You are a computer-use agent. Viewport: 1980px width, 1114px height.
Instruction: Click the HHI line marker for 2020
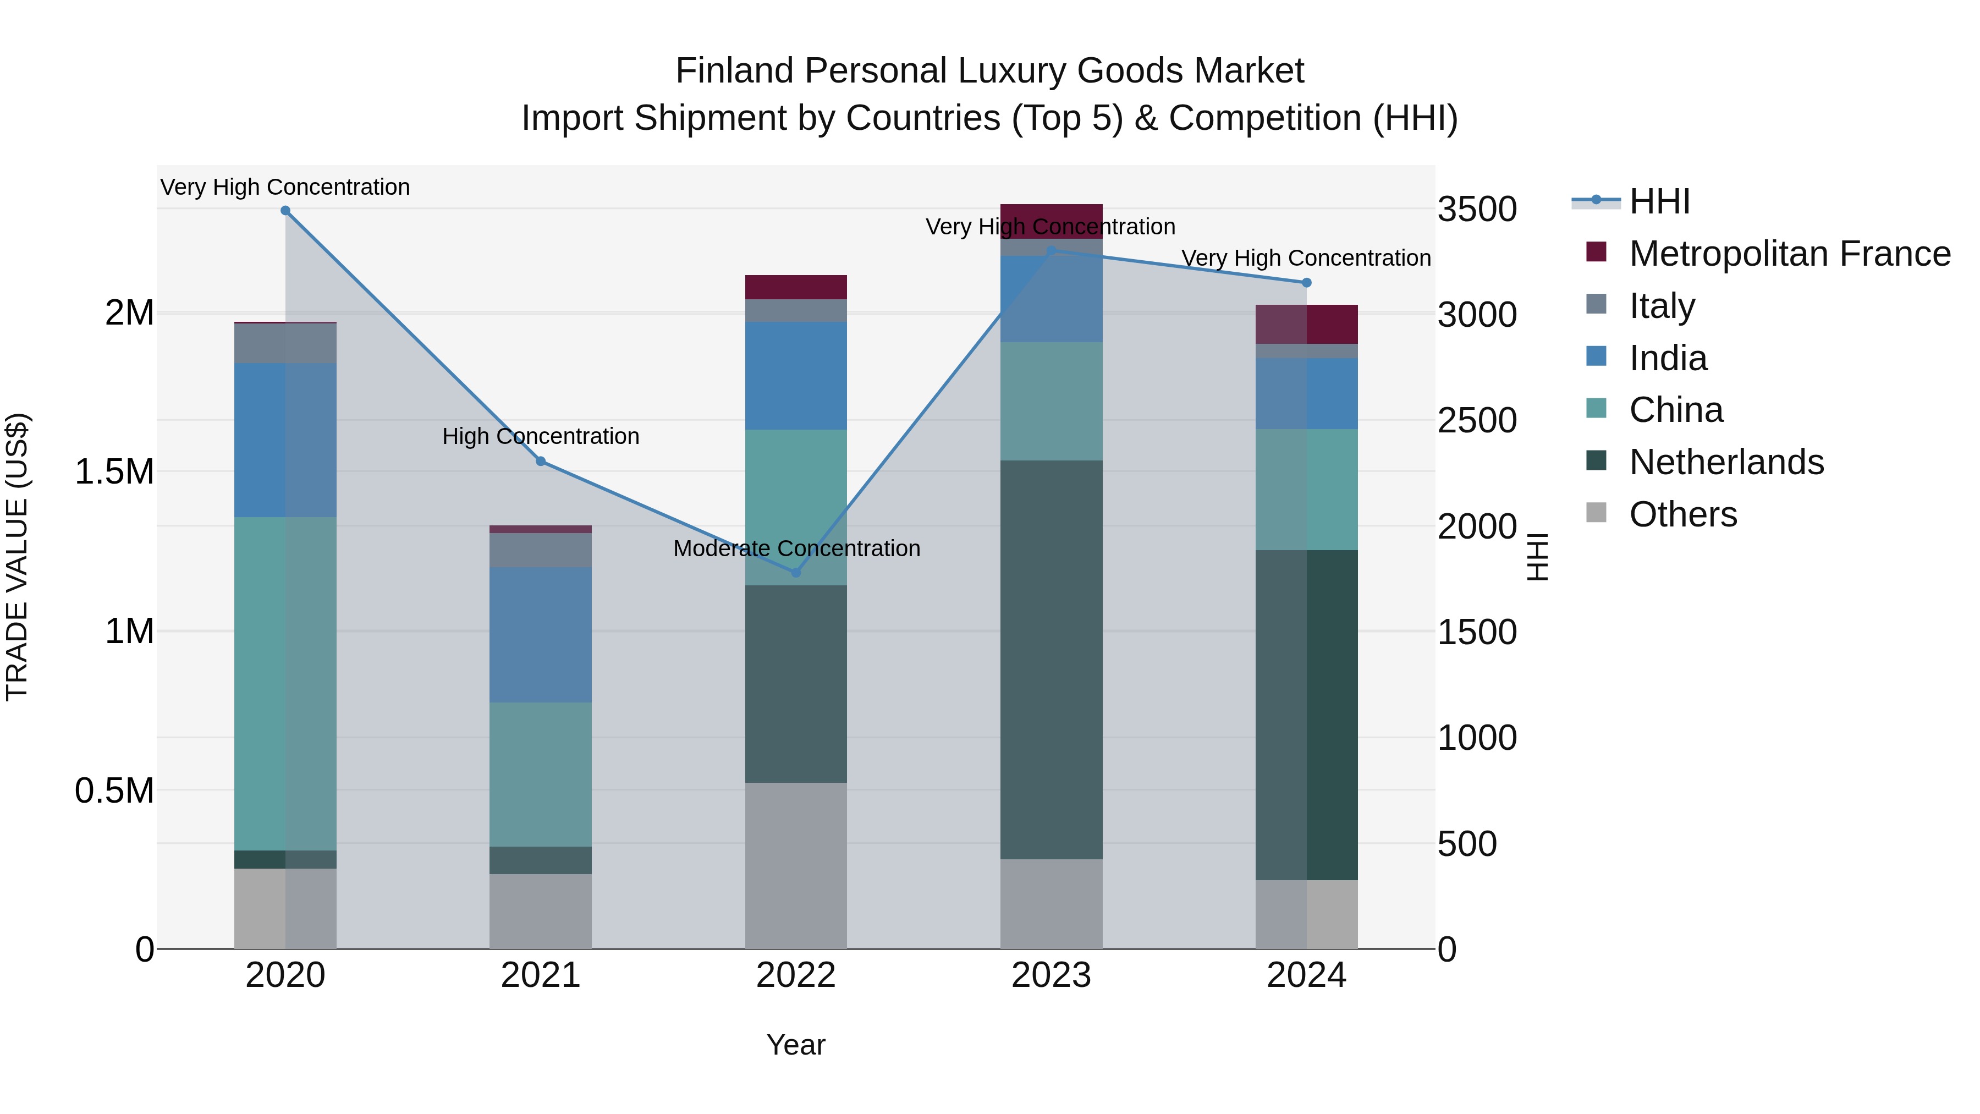click(x=285, y=211)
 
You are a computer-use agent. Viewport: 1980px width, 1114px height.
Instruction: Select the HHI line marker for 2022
click(x=795, y=573)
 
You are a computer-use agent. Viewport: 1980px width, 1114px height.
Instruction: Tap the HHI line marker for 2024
click(x=1306, y=283)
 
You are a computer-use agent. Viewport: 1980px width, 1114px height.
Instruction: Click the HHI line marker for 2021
click(x=540, y=462)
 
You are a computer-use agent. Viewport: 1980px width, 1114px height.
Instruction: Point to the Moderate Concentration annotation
click(x=796, y=549)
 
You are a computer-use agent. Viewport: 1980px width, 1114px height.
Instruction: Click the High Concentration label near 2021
click(x=540, y=437)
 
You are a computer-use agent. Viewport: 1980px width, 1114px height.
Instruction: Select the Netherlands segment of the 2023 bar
click(x=1050, y=660)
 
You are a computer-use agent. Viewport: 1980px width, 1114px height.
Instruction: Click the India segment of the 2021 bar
click(x=540, y=635)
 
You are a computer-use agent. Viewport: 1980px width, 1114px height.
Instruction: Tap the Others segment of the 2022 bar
click(x=795, y=866)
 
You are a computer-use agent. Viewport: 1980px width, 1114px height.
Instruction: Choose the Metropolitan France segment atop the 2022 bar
click(x=795, y=287)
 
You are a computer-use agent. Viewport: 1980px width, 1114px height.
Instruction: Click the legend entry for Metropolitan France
click(x=1789, y=254)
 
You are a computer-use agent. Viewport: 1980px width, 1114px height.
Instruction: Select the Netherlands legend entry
click(x=1726, y=462)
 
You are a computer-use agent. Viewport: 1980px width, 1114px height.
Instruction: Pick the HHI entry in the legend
click(x=1659, y=201)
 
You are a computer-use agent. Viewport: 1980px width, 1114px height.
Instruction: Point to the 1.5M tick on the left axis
click(x=114, y=471)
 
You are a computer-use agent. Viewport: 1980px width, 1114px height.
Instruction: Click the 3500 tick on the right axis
click(x=1477, y=209)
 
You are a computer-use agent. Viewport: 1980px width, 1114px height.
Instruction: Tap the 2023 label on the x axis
click(x=1050, y=975)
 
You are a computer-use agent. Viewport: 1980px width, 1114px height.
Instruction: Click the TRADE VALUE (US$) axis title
click(x=17, y=557)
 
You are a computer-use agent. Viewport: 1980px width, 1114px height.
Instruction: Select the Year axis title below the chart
click(x=795, y=1045)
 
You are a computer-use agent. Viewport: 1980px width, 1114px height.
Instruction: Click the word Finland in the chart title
click(x=734, y=71)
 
